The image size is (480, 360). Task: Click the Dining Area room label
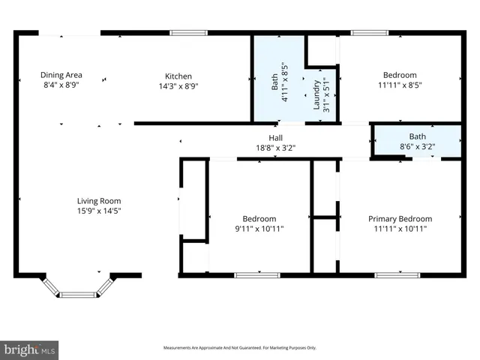[61, 75]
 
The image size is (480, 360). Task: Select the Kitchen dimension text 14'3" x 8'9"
[178, 86]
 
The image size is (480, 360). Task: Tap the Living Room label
[99, 201]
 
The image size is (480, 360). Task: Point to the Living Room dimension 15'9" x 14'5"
[99, 211]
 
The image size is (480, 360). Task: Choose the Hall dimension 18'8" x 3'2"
[276, 148]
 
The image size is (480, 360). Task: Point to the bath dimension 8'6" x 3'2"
[418, 147]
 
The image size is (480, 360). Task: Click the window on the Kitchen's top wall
[187, 32]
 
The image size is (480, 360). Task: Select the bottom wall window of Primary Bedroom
[397, 275]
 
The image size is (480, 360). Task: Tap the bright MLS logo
[30, 349]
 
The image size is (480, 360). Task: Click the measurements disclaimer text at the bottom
[240, 348]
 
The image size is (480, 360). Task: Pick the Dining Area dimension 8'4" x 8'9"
[61, 86]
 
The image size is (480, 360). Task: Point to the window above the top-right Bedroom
[365, 32]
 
